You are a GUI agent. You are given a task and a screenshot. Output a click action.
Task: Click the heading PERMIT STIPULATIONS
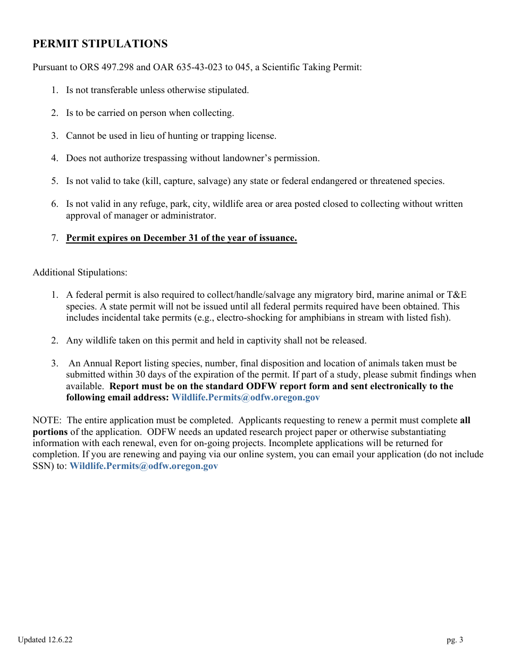click(x=100, y=44)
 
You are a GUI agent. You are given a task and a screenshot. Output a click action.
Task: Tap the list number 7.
click(x=54, y=238)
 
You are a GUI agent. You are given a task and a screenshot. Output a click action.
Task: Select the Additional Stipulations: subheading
click(x=80, y=273)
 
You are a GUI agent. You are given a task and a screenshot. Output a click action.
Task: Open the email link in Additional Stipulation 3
click(x=246, y=398)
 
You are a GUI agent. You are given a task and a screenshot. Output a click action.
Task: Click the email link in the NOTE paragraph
click(x=144, y=466)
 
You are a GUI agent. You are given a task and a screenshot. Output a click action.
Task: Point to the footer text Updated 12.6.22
click(x=45, y=640)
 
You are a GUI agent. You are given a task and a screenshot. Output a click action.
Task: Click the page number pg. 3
click(x=454, y=640)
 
